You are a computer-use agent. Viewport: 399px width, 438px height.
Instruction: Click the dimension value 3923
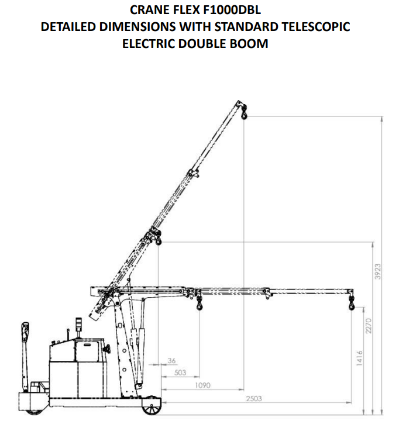click(x=377, y=271)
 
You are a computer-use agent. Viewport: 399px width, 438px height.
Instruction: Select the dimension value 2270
click(x=368, y=326)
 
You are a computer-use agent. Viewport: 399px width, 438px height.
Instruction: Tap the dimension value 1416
click(x=359, y=358)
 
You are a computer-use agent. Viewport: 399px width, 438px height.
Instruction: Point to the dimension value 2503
click(x=254, y=398)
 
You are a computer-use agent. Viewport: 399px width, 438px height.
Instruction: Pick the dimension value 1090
click(x=202, y=385)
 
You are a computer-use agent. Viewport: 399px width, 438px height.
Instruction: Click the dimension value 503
click(x=180, y=373)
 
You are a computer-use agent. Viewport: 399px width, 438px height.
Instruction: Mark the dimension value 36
click(x=171, y=361)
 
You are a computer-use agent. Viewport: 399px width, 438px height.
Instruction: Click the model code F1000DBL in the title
click(x=232, y=10)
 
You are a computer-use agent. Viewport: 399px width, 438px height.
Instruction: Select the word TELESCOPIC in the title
click(x=316, y=27)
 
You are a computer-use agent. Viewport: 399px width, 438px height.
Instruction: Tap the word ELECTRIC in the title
click(x=149, y=44)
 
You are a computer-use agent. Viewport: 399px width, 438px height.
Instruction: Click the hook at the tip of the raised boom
click(x=244, y=113)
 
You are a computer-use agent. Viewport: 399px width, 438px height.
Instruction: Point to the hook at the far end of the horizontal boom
click(x=351, y=302)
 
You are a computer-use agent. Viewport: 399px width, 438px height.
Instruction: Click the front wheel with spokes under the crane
click(x=152, y=406)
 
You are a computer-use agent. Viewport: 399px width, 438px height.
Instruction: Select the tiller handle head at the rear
click(x=25, y=332)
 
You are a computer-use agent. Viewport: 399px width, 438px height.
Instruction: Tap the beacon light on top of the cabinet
click(x=79, y=324)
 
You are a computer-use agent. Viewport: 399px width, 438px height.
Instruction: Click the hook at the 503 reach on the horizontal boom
click(x=199, y=302)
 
